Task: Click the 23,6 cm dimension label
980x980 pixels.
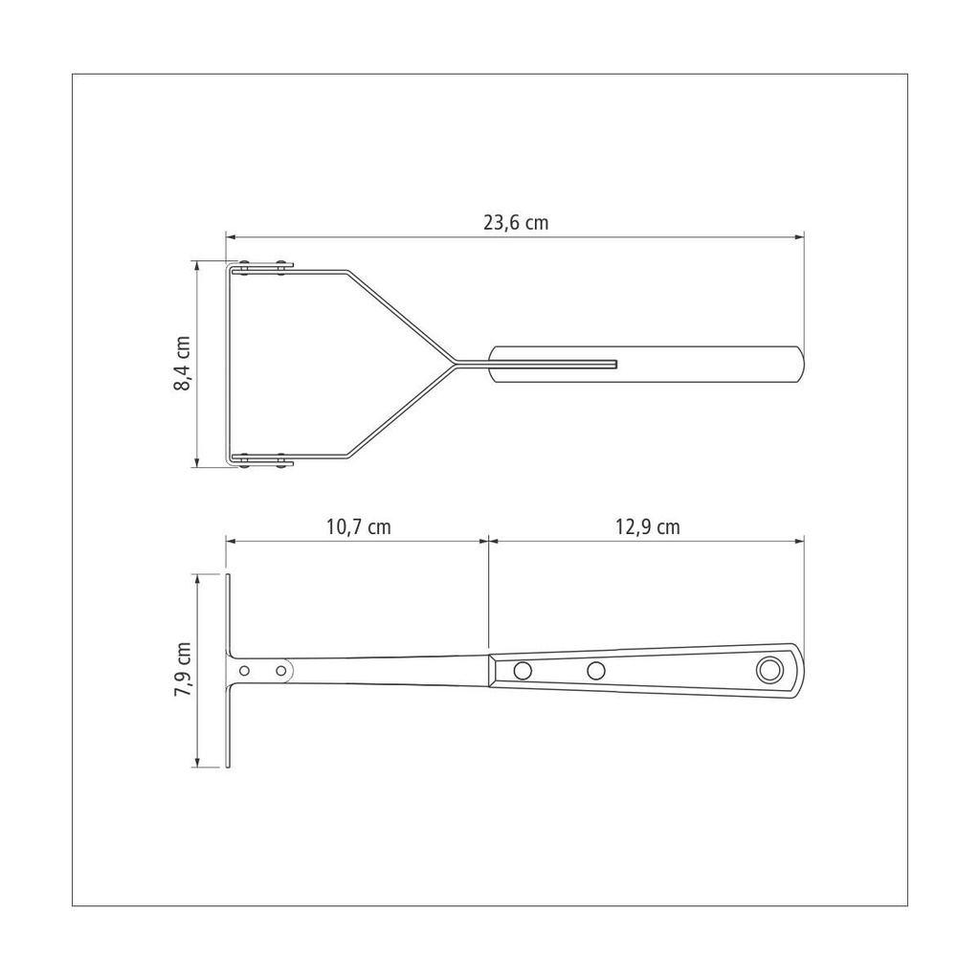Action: pos(516,222)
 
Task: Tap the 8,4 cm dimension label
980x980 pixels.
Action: pos(182,364)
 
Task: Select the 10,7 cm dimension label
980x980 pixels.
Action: pos(358,527)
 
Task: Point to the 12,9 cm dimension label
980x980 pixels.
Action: pos(648,527)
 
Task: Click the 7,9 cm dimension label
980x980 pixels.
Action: pos(183,669)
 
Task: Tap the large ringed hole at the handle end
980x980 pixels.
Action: pos(769,670)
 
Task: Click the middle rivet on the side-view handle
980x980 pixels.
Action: pos(596,671)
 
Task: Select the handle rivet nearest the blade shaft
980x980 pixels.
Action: pos(523,671)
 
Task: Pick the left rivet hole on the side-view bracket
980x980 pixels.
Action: pos(244,671)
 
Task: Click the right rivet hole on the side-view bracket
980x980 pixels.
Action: pos(281,671)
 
